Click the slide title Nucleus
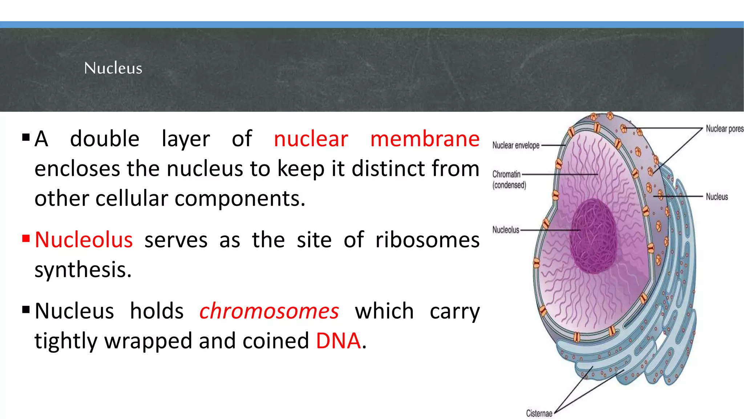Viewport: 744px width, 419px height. pos(113,68)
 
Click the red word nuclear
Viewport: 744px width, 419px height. pos(311,139)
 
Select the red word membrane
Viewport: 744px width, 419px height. pos(425,139)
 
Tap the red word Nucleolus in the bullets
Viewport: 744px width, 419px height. pos(84,240)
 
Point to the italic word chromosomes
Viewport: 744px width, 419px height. pos(269,311)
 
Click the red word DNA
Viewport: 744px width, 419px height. pos(338,341)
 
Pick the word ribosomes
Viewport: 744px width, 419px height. pos(427,240)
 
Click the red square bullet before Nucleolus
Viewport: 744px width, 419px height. pos(26,239)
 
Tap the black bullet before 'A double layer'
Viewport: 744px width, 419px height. pos(26,137)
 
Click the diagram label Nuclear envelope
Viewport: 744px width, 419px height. pos(515,145)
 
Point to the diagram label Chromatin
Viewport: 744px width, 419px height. pos(506,174)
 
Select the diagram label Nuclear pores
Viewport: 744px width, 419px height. pos(724,129)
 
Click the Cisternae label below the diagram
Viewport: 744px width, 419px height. pos(539,414)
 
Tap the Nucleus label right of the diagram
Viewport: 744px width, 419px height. pos(717,197)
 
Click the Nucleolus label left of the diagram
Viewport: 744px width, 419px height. pos(506,230)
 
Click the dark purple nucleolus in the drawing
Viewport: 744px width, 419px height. pos(593,236)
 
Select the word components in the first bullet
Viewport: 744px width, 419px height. pos(240,199)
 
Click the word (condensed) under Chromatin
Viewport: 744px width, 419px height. pos(509,185)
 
